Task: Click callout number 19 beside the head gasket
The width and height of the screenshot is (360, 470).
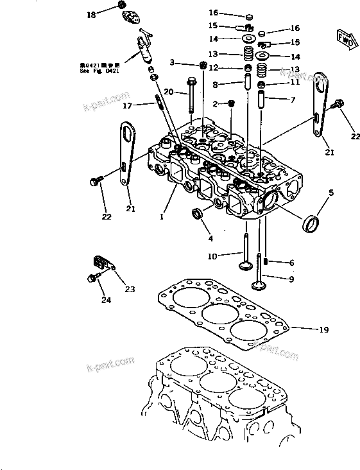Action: [323, 329]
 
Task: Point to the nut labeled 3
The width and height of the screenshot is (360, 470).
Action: [203, 64]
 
